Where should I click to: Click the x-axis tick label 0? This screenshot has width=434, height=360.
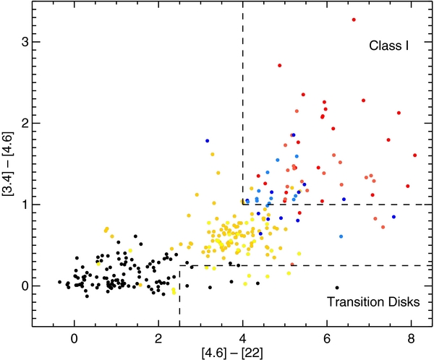pyautogui.click(x=74, y=337)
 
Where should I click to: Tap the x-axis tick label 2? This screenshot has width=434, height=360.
pyautogui.click(x=158, y=337)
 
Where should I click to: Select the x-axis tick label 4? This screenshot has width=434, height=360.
pyautogui.click(x=243, y=337)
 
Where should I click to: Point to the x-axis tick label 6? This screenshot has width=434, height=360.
pyautogui.click(x=327, y=337)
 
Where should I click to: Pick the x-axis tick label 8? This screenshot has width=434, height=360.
pyautogui.click(x=412, y=337)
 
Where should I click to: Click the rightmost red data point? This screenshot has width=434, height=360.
pyautogui.click(x=414, y=155)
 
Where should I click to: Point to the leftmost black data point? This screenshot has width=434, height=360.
pyautogui.click(x=59, y=282)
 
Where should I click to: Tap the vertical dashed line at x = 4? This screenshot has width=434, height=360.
pyautogui.click(x=243, y=108)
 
